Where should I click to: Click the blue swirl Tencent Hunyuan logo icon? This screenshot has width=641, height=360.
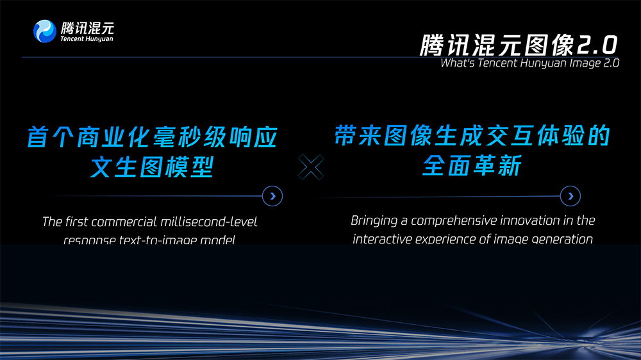[x=45, y=31]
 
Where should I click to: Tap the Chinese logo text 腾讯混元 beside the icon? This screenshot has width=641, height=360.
[x=87, y=28]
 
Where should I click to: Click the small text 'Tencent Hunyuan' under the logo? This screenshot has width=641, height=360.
[x=87, y=39]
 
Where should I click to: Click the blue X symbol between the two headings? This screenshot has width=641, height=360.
[x=312, y=168]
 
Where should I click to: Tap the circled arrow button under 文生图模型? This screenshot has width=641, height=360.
[x=273, y=196]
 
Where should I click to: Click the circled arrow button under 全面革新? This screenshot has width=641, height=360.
[x=570, y=196]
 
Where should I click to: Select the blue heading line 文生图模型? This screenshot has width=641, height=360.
[x=152, y=168]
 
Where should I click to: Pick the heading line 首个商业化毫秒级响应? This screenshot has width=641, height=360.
[x=153, y=138]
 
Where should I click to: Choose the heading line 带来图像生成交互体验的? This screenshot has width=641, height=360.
[x=471, y=136]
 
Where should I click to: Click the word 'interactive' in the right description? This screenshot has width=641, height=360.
[x=383, y=240]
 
